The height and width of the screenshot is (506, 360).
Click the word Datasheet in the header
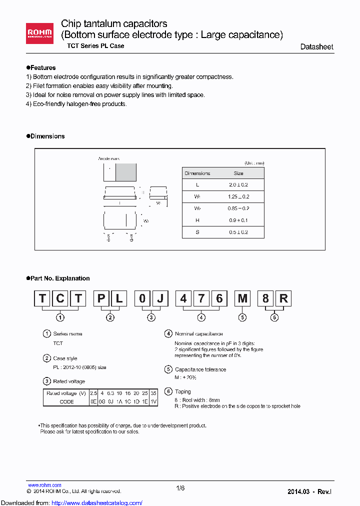[316, 46]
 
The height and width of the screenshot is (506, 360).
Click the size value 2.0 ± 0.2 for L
[238, 185]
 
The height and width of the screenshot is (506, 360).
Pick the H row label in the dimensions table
[197, 220]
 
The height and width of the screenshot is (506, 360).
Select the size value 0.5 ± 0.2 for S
[238, 232]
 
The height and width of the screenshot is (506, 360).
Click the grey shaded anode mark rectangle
[126, 172]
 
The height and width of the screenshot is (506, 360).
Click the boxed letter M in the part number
[242, 299]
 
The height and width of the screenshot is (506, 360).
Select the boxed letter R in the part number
[283, 299]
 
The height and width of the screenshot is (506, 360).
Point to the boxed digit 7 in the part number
[201, 299]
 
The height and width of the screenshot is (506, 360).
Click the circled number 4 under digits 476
[201, 317]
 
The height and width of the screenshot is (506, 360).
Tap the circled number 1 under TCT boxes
[60, 317]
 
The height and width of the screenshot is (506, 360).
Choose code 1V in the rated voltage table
[153, 401]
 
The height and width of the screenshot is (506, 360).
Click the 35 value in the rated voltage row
[153, 393]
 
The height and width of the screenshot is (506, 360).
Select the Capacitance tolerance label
[200, 369]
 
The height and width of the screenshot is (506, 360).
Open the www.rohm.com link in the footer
[44, 485]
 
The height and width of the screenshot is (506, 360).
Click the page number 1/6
[180, 488]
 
